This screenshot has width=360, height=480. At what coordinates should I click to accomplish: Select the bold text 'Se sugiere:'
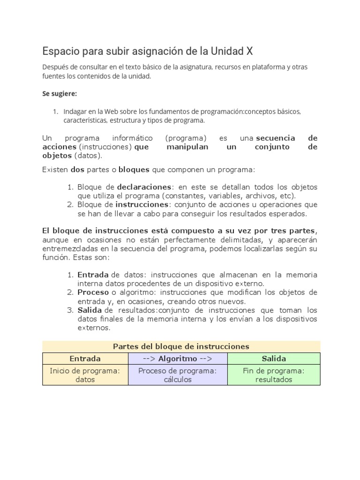tap(60, 93)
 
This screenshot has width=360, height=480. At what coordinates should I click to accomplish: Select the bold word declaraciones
tap(144, 187)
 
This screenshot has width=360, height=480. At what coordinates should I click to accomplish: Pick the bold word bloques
tap(134, 169)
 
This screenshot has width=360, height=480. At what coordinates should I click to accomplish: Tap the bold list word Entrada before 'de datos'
tap(93, 275)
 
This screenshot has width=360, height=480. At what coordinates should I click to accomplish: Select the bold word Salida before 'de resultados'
tap(90, 310)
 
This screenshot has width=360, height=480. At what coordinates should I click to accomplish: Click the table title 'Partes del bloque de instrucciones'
tap(181, 346)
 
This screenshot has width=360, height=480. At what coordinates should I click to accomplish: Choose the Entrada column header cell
tap(85, 359)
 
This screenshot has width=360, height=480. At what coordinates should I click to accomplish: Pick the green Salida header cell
tap(273, 359)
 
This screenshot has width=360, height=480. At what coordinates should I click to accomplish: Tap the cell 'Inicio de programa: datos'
tap(85, 375)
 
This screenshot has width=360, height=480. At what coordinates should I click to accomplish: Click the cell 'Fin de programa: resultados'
tap(273, 375)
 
